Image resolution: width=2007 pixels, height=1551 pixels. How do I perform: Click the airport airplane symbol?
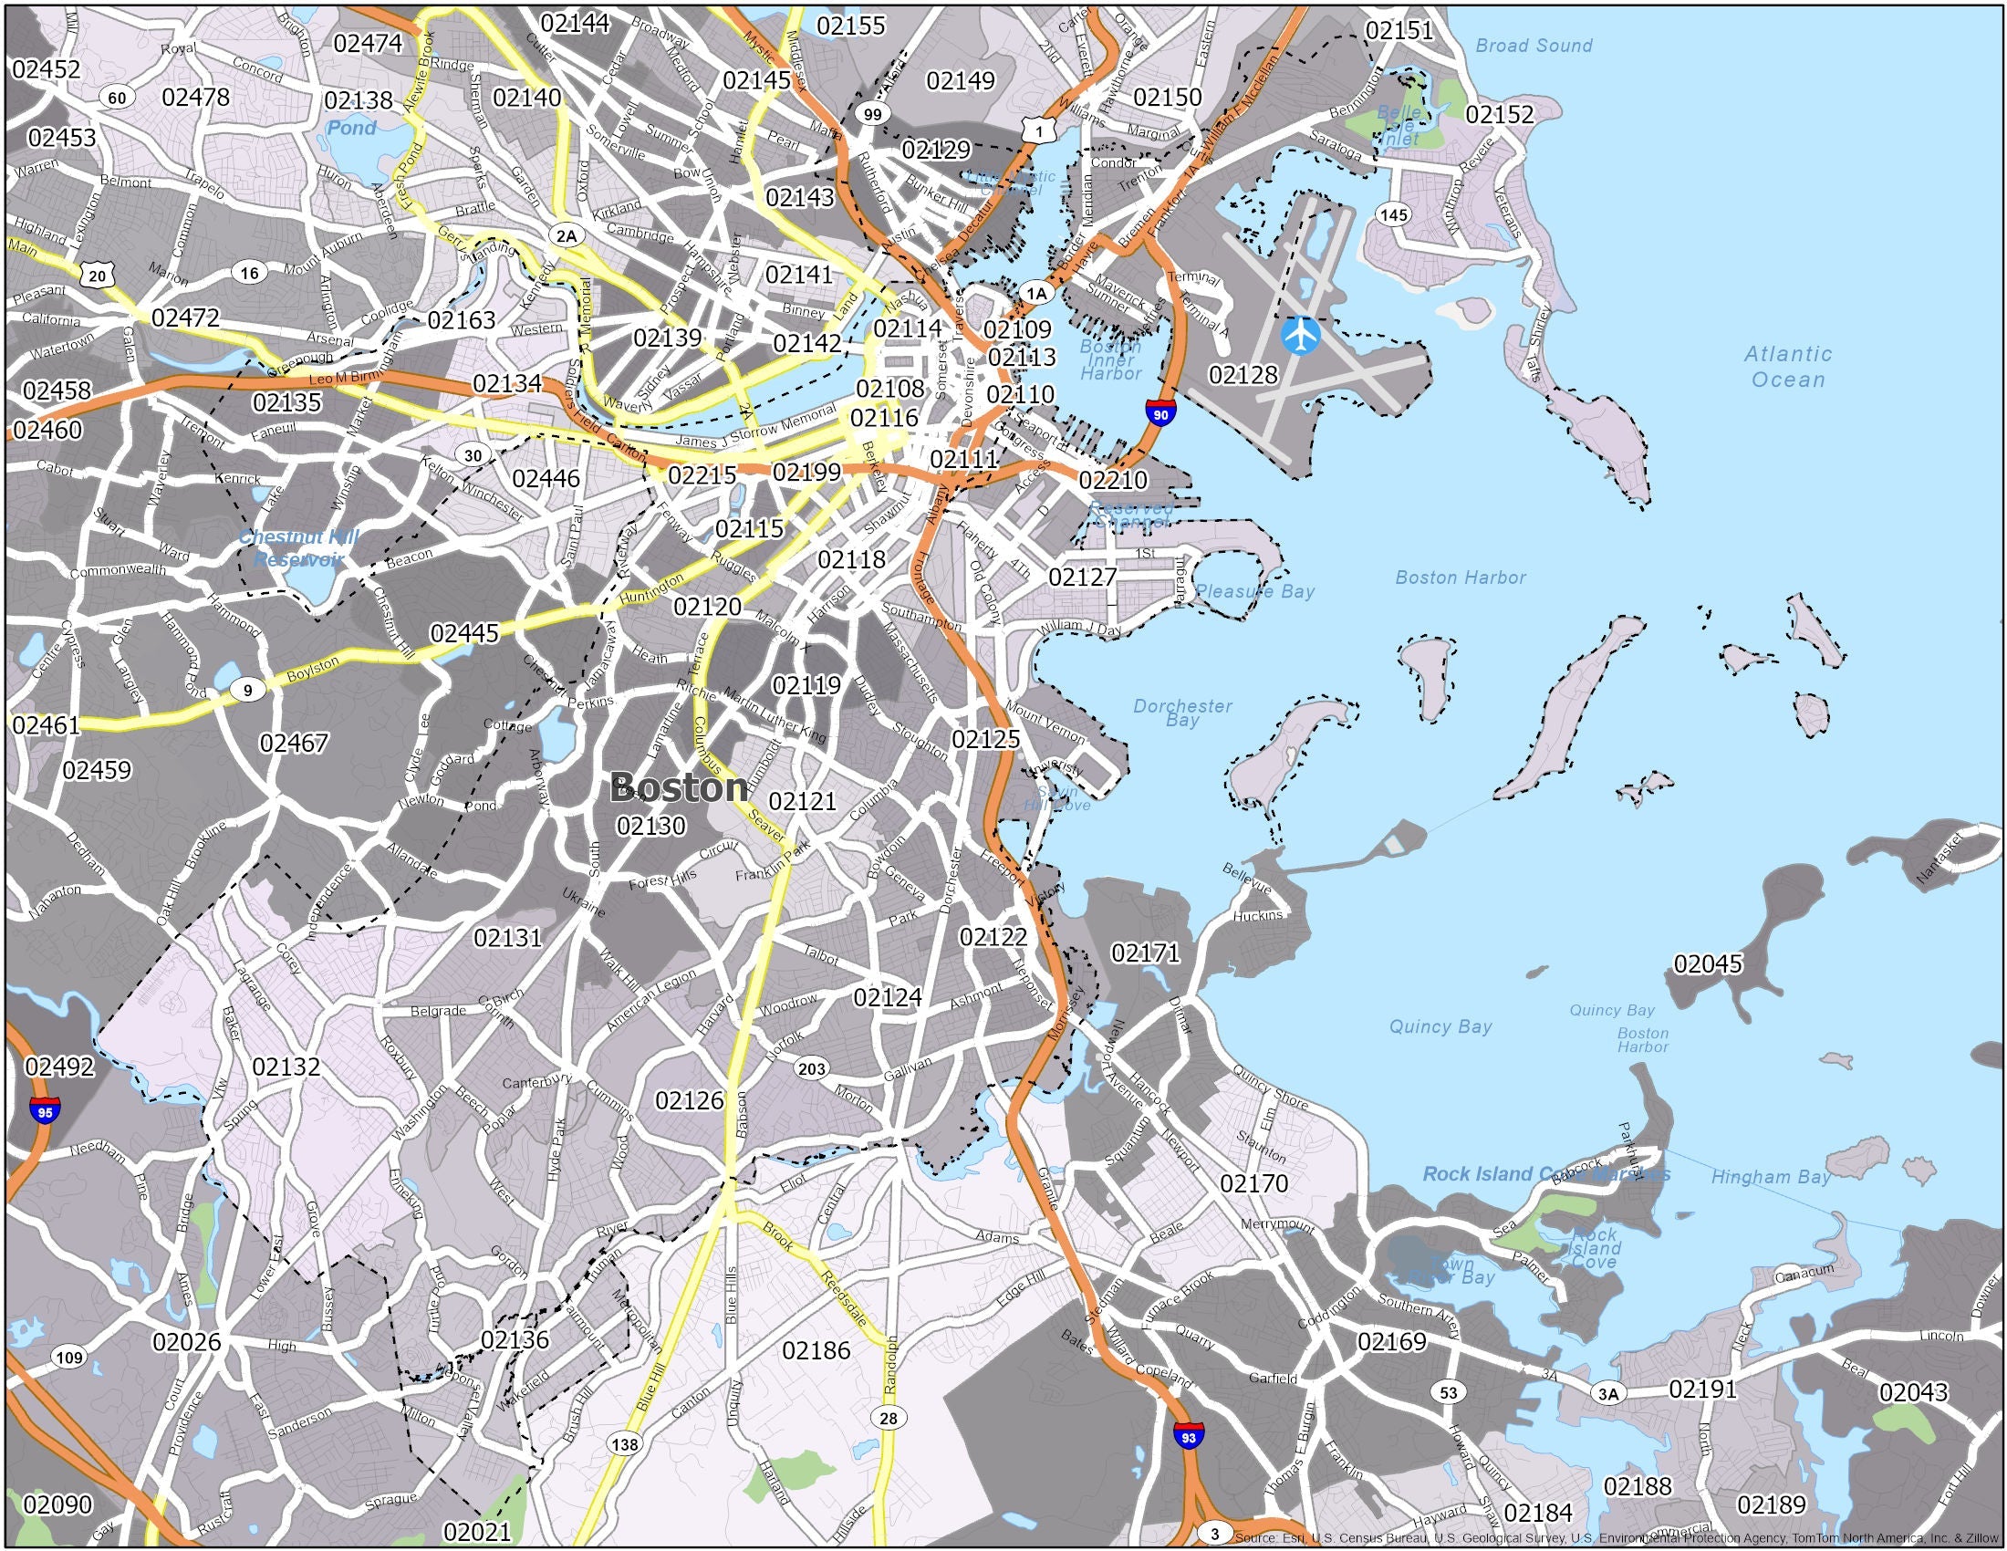(1299, 336)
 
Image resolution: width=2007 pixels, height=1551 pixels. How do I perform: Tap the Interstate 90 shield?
(1160, 413)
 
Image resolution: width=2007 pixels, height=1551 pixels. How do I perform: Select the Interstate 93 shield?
(1188, 1434)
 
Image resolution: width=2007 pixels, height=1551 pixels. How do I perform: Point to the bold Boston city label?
(678, 787)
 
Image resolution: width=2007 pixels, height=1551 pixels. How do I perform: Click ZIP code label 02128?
(1243, 374)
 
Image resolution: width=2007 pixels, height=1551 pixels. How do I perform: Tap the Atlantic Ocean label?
(1787, 367)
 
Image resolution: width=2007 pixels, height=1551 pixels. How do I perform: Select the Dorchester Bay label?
(1181, 713)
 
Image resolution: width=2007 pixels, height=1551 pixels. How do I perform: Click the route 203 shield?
(810, 1067)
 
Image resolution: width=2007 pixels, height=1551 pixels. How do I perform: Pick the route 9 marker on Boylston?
(246, 689)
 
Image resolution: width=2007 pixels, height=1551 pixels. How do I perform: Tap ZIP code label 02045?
(1708, 963)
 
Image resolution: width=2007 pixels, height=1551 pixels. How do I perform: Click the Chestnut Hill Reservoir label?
(298, 547)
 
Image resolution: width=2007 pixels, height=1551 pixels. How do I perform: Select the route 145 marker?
(1393, 215)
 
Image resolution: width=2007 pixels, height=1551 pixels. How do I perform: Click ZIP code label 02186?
(816, 1349)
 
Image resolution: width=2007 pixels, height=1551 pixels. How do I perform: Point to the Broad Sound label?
(1533, 45)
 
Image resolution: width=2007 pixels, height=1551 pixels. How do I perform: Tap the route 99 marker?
(871, 114)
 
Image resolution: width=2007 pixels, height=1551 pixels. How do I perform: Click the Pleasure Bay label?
(1254, 591)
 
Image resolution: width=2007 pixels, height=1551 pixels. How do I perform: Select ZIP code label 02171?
(1145, 952)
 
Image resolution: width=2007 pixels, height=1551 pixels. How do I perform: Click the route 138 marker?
(625, 1443)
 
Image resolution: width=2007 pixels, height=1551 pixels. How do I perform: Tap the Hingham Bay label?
(1770, 1177)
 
